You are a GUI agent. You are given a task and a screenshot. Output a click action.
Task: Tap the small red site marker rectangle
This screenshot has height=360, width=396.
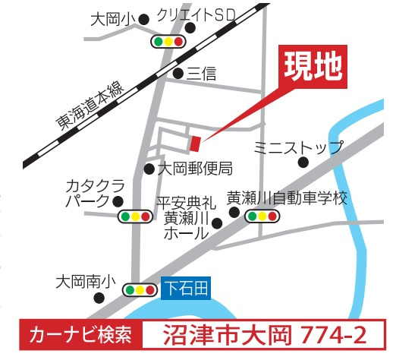coord(195,143)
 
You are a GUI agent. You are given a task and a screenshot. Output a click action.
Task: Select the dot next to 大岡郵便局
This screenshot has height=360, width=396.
coord(149,169)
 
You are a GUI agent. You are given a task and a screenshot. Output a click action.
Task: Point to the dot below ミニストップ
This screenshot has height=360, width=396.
coord(303,162)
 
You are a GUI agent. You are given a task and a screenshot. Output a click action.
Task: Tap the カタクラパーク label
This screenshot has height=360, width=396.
coord(93,194)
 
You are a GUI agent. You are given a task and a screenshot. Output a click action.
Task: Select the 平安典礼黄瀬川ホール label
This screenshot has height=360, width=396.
coord(187,218)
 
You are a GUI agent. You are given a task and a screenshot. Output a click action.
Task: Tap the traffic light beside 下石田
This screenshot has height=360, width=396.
coord(140,289)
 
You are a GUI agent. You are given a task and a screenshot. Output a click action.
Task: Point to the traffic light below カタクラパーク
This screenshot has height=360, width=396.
coord(136,217)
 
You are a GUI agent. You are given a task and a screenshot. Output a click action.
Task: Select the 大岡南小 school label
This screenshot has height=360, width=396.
coord(85,281)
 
